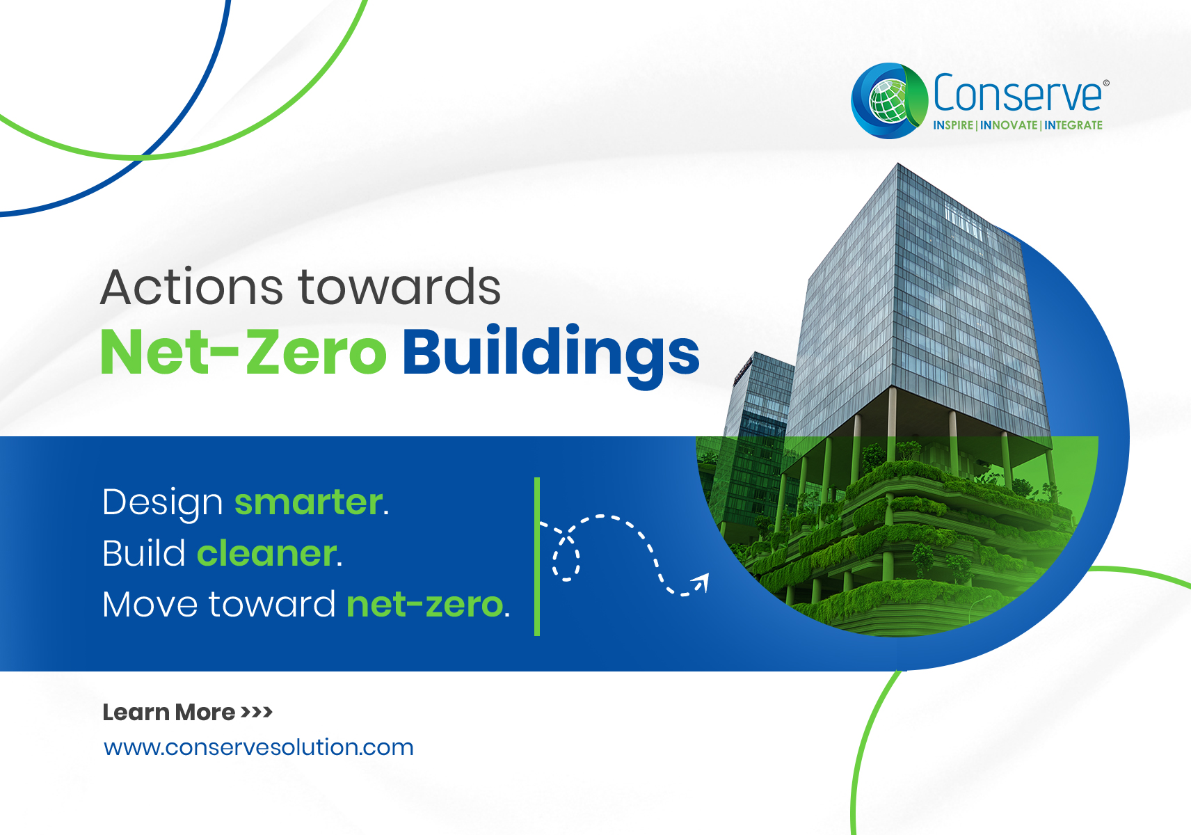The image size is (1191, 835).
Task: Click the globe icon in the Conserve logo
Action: [x=888, y=101]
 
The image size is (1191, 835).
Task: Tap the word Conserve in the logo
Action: [x=1017, y=93]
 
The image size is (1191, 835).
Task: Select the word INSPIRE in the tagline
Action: [x=953, y=125]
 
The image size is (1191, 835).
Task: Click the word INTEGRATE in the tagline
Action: [x=1073, y=125]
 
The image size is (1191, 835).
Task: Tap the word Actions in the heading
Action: [x=191, y=287]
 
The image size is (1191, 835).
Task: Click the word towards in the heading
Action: [x=399, y=287]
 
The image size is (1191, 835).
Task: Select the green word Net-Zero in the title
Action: [x=243, y=351]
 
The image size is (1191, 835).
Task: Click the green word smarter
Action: [x=308, y=502]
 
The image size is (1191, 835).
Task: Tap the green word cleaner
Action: [x=267, y=554]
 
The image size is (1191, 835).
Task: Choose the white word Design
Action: [x=163, y=503]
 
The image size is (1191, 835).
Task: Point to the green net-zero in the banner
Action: [x=425, y=605]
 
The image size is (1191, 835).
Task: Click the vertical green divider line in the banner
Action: [x=537, y=556]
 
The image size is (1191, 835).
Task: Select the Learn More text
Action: [x=168, y=712]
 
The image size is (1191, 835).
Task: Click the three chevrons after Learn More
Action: [x=257, y=712]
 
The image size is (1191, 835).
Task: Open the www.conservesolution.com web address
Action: [x=258, y=747]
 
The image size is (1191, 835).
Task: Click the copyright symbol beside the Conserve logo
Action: [x=1106, y=83]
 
